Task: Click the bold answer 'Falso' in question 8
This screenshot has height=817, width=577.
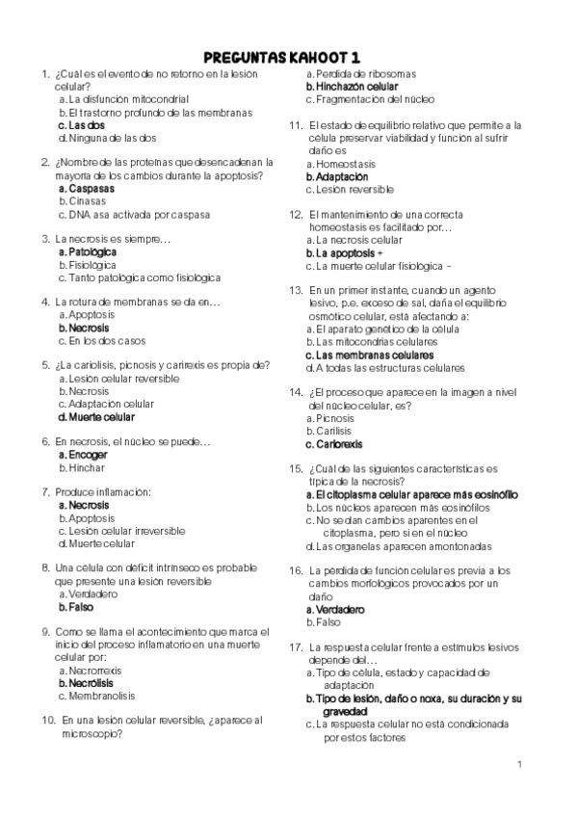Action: (x=80, y=607)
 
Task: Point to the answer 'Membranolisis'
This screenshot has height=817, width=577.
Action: (x=100, y=695)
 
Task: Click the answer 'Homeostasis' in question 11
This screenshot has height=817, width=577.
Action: (x=351, y=164)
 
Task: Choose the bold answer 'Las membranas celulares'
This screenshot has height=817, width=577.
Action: (x=375, y=355)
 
